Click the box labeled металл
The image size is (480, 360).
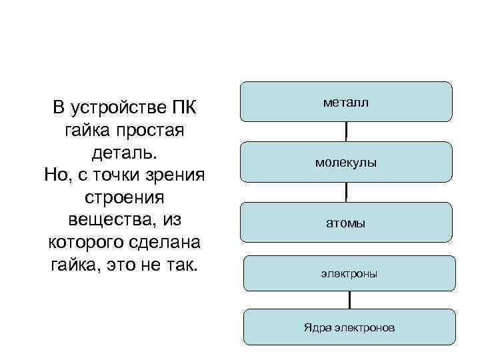346,102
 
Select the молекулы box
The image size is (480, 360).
346,162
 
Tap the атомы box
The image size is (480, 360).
346,223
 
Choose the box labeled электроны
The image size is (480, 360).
349,273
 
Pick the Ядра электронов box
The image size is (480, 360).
349,327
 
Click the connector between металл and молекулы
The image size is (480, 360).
347,131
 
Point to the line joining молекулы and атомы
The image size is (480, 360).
347,192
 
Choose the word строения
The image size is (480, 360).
125,198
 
